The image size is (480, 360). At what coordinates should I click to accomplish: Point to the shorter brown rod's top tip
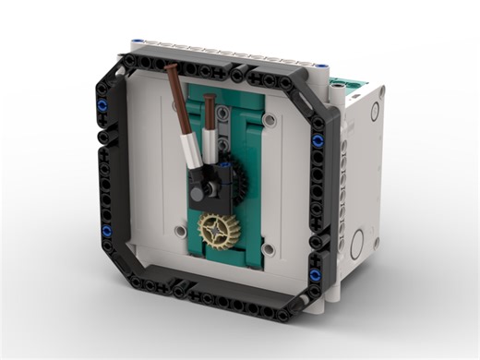click(210, 98)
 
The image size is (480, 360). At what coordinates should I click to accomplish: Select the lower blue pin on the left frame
click(106, 230)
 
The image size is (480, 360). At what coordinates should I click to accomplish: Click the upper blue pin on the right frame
click(318, 140)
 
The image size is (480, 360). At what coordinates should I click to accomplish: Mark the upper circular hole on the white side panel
click(375, 112)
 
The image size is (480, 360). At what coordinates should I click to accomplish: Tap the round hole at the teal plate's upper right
click(269, 120)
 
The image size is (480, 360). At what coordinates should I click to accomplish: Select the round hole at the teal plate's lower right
click(268, 248)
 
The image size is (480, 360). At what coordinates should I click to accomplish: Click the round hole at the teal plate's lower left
click(181, 230)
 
